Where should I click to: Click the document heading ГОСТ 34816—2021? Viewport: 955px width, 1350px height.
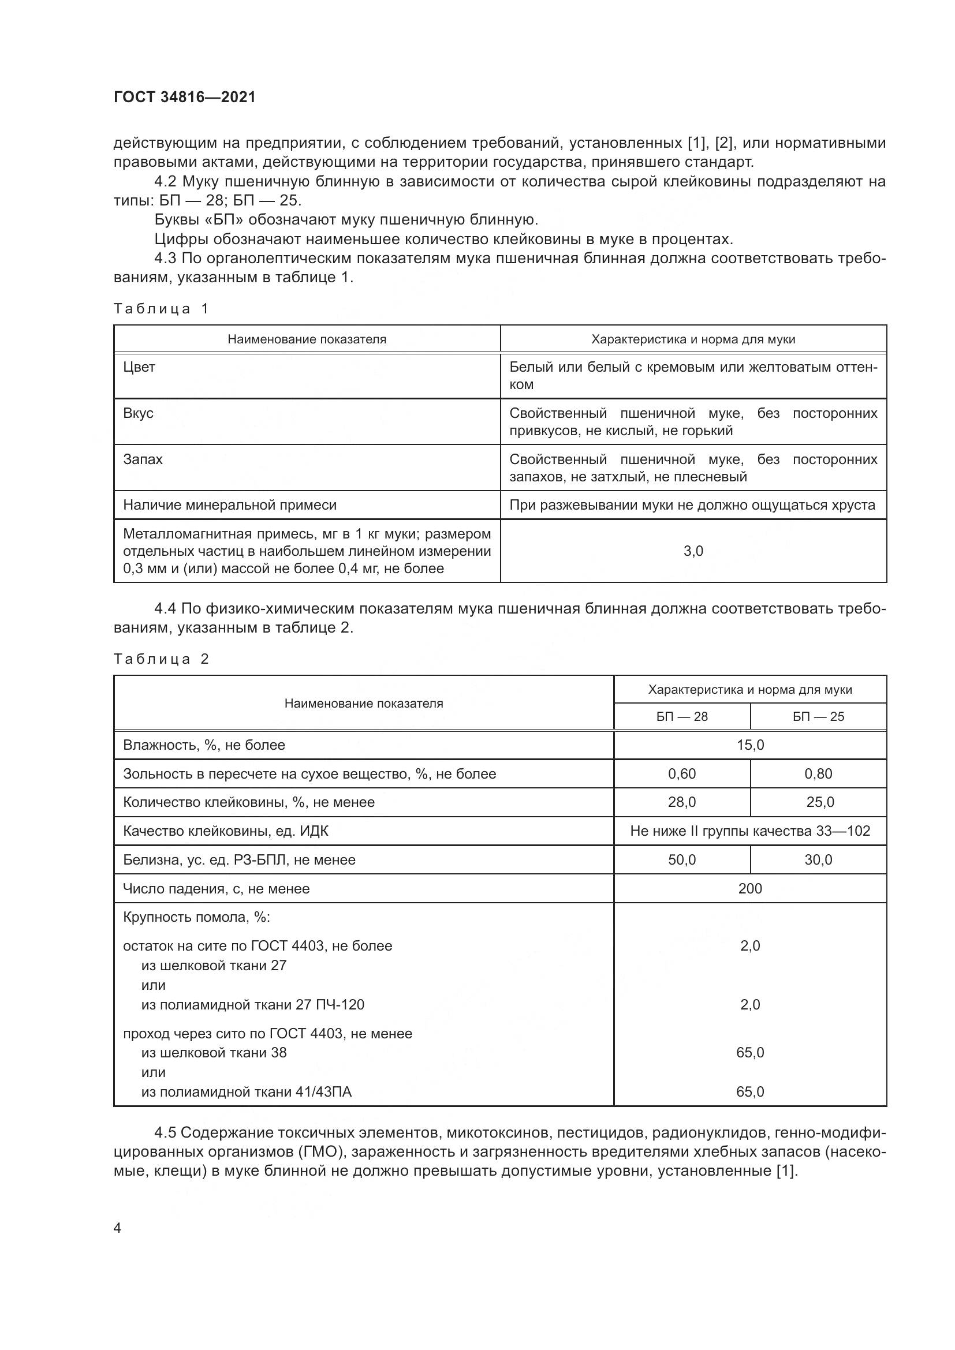[185, 97]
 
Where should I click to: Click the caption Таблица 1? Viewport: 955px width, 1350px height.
[161, 309]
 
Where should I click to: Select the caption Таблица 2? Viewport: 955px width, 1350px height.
[161, 659]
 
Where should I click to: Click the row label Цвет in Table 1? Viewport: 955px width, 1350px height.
[139, 368]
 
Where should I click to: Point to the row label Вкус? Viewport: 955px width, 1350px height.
[138, 413]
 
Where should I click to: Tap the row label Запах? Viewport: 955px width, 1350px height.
[143, 459]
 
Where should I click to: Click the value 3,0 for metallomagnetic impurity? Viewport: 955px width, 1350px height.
[693, 551]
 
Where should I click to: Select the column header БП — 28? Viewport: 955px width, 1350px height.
[682, 717]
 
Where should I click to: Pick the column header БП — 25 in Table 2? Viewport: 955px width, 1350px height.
[818, 717]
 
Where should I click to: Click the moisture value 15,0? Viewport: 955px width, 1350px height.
[751, 745]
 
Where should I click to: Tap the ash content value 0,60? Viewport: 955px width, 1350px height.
[682, 774]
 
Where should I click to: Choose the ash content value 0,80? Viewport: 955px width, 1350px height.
[818, 774]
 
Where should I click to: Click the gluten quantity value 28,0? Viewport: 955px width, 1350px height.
[682, 802]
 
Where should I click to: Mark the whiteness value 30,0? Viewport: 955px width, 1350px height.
[818, 859]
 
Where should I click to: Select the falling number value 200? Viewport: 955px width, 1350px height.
[751, 888]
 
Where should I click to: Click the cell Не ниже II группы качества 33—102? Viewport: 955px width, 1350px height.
[751, 831]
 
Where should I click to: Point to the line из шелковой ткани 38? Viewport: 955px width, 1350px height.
[214, 1053]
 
